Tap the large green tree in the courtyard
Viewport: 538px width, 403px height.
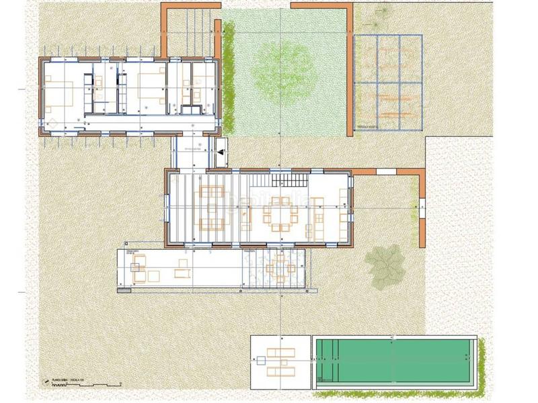coord(283,68)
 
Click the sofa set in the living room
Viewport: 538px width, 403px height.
coord(210,208)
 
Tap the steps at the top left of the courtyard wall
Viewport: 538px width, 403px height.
coord(192,17)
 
